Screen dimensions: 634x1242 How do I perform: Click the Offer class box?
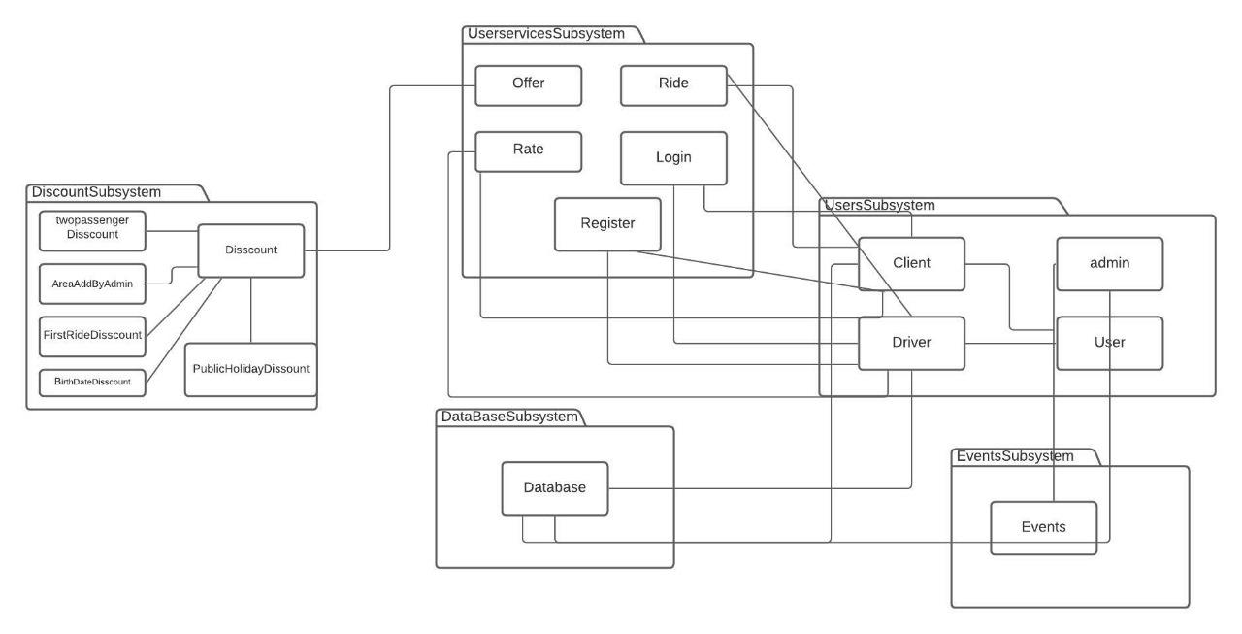[528, 84]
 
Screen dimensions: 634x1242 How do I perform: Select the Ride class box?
[673, 84]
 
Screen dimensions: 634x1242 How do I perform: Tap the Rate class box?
[528, 150]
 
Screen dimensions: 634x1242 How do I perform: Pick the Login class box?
[673, 158]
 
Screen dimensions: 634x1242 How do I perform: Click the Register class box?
[607, 224]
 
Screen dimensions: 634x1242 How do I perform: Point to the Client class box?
[911, 263]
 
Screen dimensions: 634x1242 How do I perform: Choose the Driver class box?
[911, 343]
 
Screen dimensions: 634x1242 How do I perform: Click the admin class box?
[1110, 263]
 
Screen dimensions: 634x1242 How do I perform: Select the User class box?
[1110, 343]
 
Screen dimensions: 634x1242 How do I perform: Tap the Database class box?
[555, 488]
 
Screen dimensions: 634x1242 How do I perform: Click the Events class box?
[1043, 528]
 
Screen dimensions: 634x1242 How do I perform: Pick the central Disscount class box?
[251, 250]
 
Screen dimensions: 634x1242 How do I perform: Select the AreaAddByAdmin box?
[92, 284]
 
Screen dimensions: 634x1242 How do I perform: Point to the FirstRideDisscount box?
[92, 335]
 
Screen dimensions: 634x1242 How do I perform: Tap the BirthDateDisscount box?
[92, 383]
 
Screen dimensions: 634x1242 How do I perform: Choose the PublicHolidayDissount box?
[250, 370]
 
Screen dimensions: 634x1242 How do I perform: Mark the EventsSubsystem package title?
[1015, 456]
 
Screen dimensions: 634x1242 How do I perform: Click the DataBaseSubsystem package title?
[509, 417]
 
